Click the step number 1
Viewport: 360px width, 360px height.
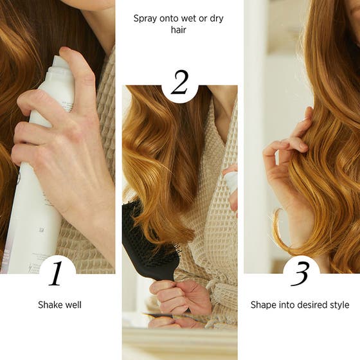point(57,273)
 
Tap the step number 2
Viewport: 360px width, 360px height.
point(180,84)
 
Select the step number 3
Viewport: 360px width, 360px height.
point(301,273)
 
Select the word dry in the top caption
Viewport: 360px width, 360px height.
point(216,18)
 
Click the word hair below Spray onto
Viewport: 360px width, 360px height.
point(179,30)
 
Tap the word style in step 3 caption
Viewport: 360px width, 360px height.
point(341,305)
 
